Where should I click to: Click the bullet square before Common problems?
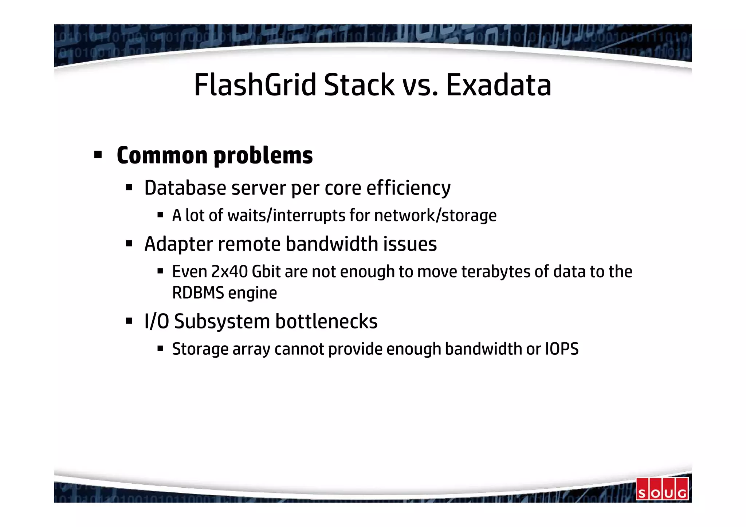(x=98, y=155)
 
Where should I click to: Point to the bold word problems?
(x=263, y=156)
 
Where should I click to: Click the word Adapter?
(x=178, y=244)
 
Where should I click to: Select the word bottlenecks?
(x=326, y=322)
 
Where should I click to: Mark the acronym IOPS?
(x=562, y=349)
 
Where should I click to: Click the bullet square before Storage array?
(x=160, y=349)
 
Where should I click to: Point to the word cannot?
(x=299, y=349)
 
